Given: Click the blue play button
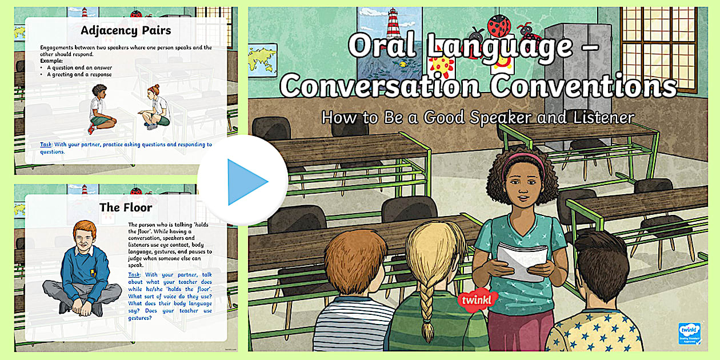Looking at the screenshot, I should [x=243, y=181].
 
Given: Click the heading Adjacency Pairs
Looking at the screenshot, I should [x=125, y=30].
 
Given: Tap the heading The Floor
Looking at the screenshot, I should [x=126, y=207].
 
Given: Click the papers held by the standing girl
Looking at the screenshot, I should [x=519, y=259].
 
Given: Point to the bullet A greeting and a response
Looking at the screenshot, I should [x=79, y=74].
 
